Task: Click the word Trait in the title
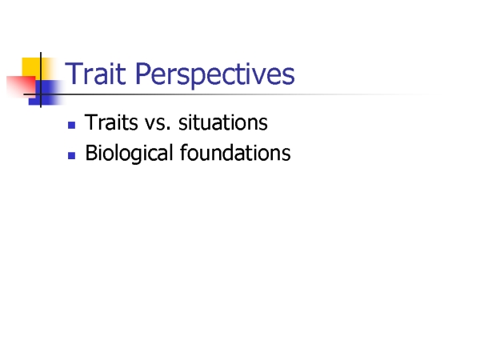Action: (95, 74)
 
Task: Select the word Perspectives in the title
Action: (215, 75)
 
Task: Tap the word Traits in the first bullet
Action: (111, 122)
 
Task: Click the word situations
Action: (223, 122)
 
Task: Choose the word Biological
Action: (129, 153)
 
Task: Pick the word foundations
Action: (235, 152)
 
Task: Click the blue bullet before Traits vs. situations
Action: (72, 125)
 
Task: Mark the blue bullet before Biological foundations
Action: (72, 155)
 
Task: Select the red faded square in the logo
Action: (21, 86)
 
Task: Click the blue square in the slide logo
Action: (46, 93)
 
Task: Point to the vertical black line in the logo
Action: (41, 80)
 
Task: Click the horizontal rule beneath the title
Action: (233, 94)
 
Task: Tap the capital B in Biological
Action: (91, 152)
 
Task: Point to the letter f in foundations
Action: (184, 152)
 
